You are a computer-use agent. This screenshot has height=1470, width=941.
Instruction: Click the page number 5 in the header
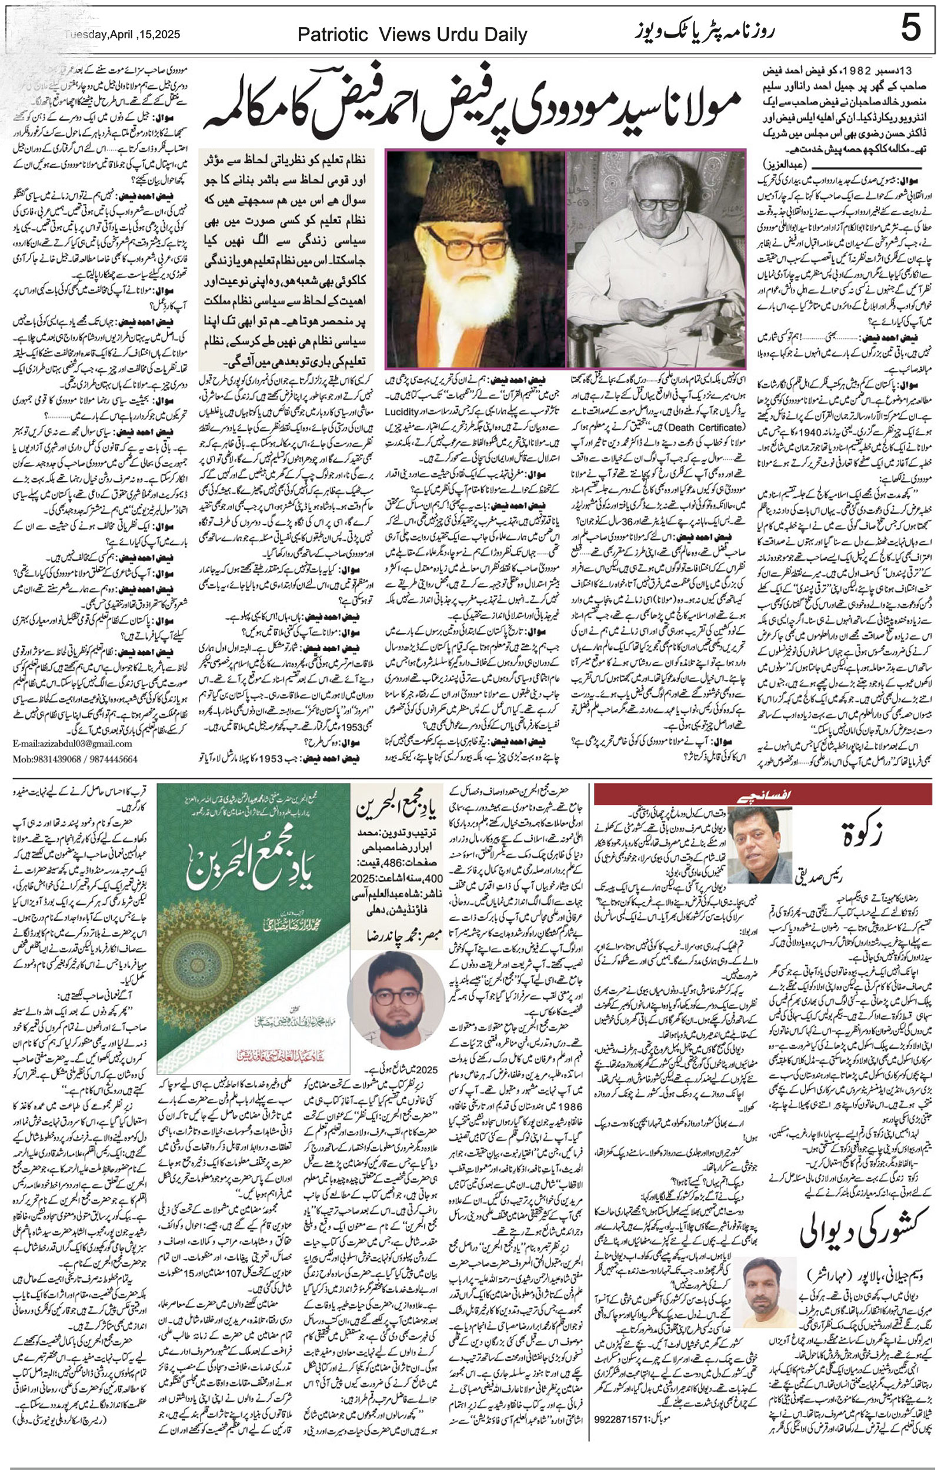[910, 29]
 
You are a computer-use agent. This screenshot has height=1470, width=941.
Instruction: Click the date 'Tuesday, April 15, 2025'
[122, 35]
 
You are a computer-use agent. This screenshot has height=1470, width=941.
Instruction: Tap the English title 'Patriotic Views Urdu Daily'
[412, 35]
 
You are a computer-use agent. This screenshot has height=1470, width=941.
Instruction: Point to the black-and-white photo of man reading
[656, 259]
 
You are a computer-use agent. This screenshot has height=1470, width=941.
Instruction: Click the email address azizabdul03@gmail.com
[72, 744]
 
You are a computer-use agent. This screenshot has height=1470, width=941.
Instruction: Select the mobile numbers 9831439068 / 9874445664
[75, 759]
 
